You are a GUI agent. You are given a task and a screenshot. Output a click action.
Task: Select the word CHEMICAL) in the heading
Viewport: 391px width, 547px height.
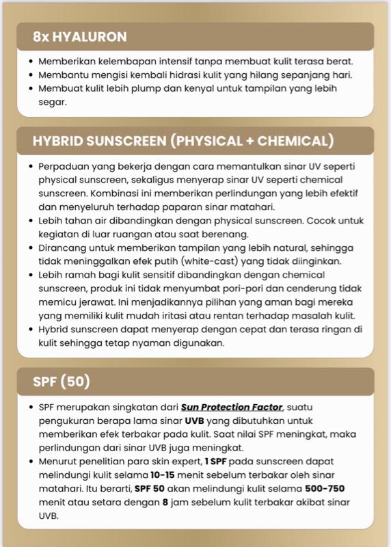tap(298, 142)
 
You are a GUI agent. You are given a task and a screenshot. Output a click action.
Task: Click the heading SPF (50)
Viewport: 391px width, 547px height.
tap(62, 382)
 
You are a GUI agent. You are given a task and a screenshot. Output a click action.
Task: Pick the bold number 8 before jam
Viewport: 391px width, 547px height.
tap(165, 503)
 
